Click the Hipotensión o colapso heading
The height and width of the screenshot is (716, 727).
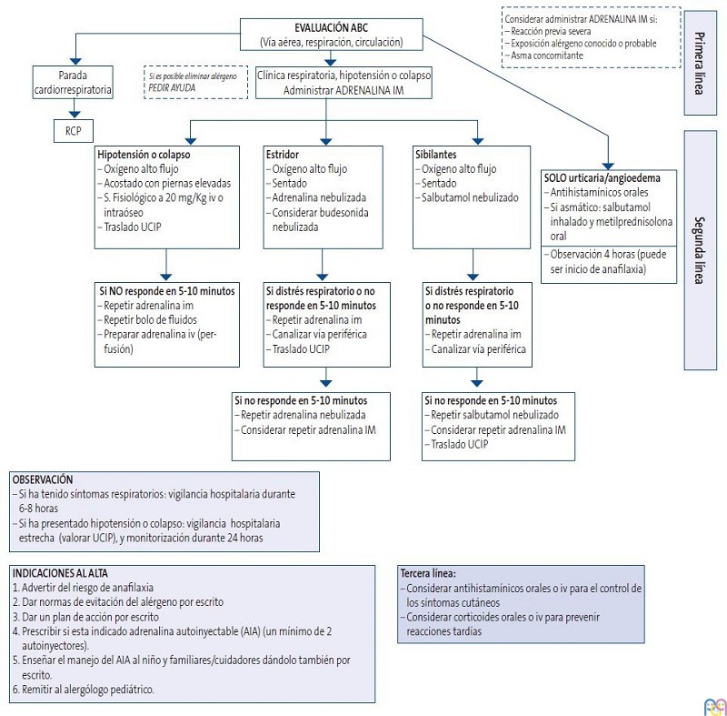point(144,156)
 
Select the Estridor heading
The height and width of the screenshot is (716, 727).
point(284,156)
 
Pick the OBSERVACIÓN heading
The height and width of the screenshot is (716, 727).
point(43,479)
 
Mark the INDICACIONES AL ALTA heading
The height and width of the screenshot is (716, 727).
point(60,573)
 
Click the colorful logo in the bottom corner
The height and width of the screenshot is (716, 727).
point(713,705)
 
